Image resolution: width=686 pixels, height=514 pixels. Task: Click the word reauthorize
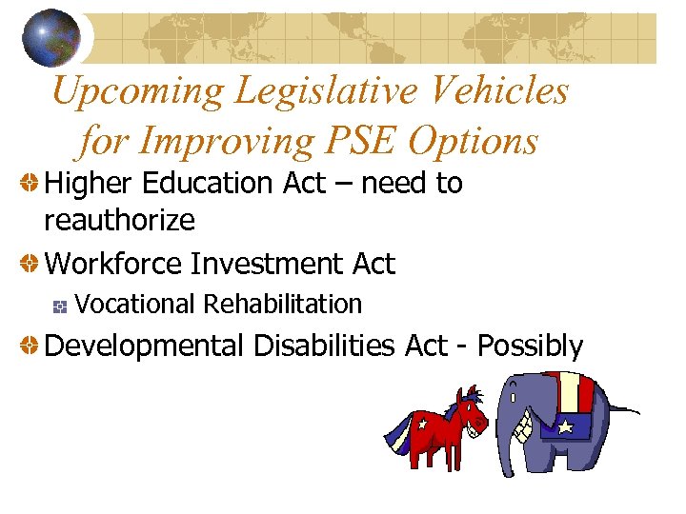pos(119,221)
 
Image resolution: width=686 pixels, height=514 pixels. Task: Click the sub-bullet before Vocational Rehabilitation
pos(60,306)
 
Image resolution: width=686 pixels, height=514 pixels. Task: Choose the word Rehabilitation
pos(283,305)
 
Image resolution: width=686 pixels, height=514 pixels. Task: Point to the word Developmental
pos(144,346)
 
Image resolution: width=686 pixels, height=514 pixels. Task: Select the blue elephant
pos(553,424)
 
